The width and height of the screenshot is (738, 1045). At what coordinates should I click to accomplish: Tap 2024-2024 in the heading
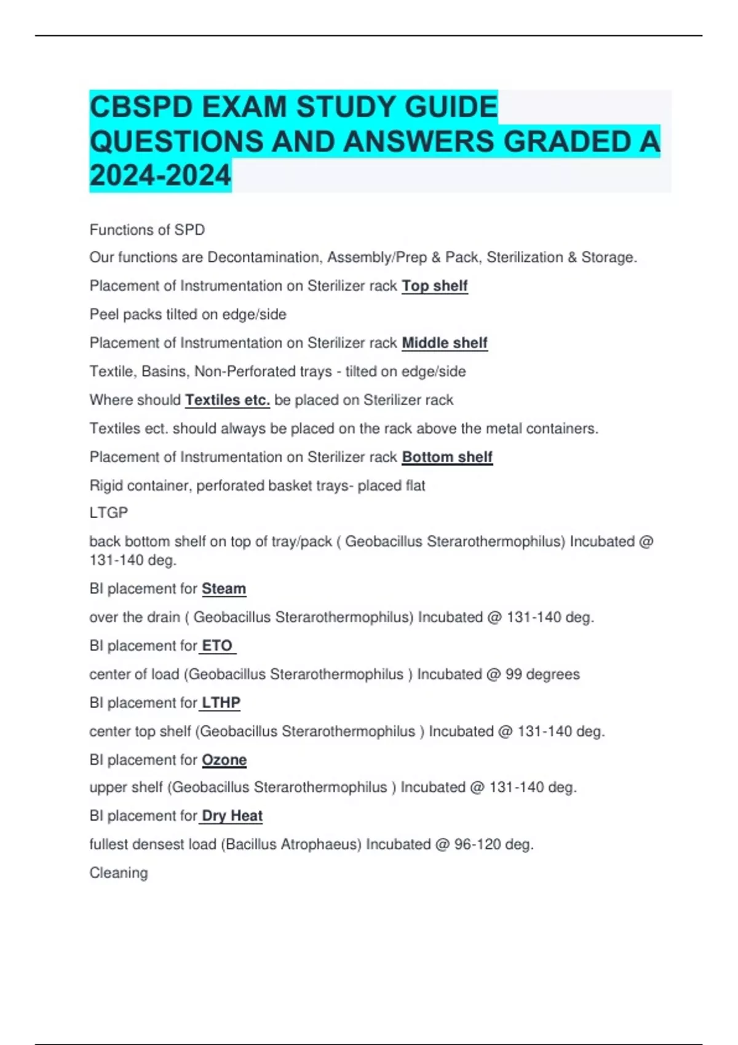coord(160,176)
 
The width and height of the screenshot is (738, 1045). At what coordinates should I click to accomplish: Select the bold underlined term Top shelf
coord(435,286)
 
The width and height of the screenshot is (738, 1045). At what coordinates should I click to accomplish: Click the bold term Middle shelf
coord(445,342)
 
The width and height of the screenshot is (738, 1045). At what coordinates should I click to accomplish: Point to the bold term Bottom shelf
coord(447,457)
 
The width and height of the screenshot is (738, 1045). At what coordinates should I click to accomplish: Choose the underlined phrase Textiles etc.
coord(228,400)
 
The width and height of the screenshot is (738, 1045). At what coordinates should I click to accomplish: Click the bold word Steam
coord(224,588)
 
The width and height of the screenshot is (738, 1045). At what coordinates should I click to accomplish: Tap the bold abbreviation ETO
coord(217,645)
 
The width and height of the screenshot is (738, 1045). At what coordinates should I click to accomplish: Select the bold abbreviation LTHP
coord(221,702)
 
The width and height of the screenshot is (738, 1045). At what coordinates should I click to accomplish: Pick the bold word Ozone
coord(224,760)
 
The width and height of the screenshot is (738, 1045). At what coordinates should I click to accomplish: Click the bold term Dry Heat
coord(232,816)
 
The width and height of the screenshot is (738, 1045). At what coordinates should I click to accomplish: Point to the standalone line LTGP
coord(109,513)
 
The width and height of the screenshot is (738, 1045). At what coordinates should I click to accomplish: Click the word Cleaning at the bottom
coord(119,873)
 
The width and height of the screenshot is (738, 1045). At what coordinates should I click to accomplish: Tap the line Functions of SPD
coord(147,230)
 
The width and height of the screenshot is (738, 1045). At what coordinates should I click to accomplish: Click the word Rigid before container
coord(106,486)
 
